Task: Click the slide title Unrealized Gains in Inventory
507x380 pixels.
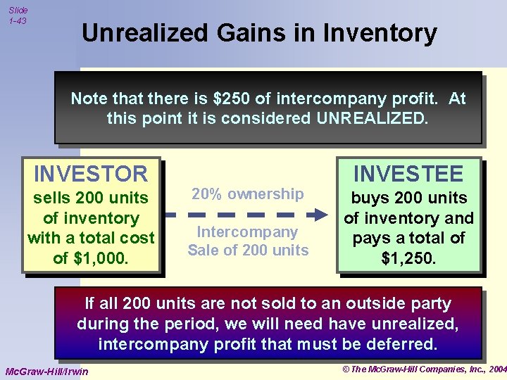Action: click(x=259, y=33)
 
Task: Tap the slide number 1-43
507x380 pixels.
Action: click(x=18, y=21)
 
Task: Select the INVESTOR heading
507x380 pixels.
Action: click(x=91, y=173)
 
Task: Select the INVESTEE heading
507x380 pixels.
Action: click(x=408, y=173)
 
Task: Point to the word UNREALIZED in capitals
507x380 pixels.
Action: click(x=371, y=118)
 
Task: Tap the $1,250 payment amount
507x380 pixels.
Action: click(x=408, y=258)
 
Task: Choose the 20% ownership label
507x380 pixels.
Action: click(x=248, y=194)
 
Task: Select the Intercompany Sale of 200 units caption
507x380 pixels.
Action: click(x=248, y=241)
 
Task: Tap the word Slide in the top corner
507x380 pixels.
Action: click(x=18, y=10)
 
